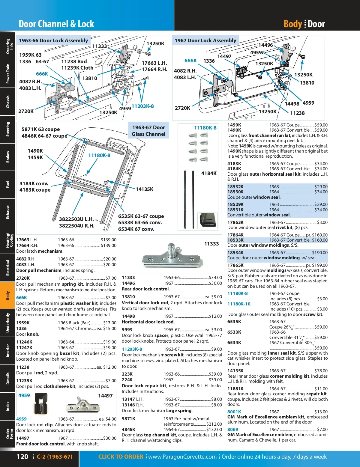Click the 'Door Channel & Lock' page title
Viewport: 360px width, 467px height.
(56, 24)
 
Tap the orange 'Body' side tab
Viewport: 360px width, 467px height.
(7, 295)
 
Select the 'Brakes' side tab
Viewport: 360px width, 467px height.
(7, 157)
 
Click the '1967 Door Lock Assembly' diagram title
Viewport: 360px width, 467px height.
(205, 40)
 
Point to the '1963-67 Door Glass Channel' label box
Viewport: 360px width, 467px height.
(148, 131)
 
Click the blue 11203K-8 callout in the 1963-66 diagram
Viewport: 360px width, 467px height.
(142, 106)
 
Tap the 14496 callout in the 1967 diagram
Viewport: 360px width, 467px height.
(265, 45)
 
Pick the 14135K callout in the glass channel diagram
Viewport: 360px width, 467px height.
(144, 189)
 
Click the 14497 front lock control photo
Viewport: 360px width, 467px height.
(83, 406)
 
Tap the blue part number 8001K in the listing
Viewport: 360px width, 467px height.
(234, 412)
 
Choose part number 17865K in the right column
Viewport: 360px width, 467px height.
(235, 265)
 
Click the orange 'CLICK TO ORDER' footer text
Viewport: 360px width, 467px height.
(121, 457)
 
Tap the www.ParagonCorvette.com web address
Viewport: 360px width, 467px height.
(182, 457)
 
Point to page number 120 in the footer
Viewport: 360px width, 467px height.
(22, 457)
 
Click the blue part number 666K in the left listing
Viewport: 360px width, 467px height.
(22, 297)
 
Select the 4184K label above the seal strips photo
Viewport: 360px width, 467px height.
(209, 173)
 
